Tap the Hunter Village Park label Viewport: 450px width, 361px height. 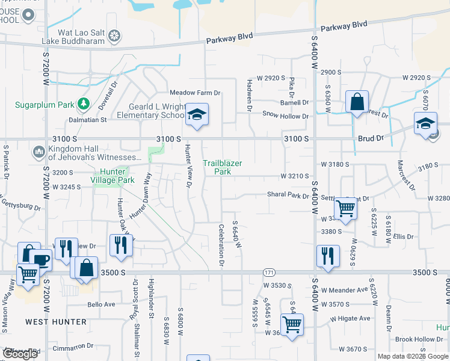112,175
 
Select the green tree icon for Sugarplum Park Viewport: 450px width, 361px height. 83,105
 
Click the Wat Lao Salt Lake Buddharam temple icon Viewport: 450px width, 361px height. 114,36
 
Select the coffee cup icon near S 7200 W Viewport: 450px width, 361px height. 41,260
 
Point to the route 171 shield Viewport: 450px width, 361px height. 270,273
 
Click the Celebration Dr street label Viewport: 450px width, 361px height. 221,245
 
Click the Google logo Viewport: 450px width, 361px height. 20,354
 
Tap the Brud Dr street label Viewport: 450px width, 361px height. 371,138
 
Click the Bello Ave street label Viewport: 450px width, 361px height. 101,304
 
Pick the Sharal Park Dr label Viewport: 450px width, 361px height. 288,195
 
